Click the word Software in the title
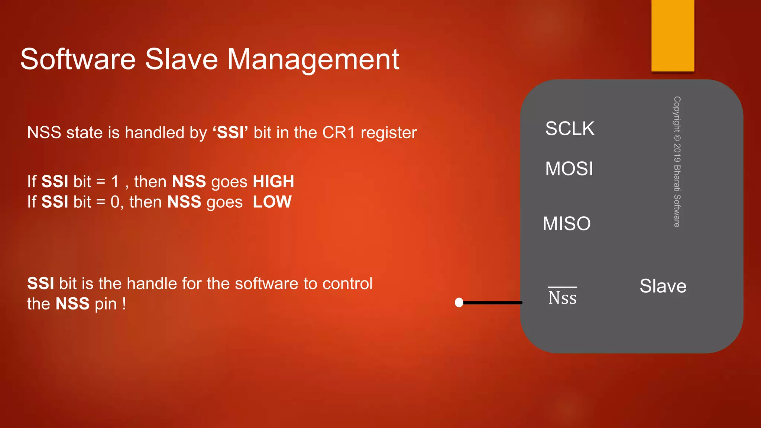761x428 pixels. [78, 59]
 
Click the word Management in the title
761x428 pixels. [313, 59]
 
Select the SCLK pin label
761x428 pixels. [570, 129]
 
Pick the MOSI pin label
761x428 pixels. [569, 169]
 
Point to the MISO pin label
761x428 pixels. [566, 224]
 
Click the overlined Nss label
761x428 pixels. [562, 297]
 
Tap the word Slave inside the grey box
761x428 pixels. [663, 286]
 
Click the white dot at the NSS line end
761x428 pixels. [459, 302]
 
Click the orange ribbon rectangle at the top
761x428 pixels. [673, 35]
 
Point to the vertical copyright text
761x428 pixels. [677, 162]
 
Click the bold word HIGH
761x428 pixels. [273, 182]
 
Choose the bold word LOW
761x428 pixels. [272, 202]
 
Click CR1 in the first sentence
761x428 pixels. [339, 133]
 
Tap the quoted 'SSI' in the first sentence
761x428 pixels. [230, 133]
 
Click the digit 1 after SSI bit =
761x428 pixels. [115, 182]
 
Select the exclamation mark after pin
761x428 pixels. [124, 304]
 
